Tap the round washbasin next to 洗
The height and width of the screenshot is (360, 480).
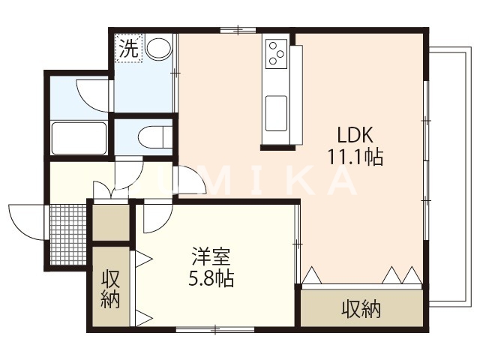pyautogui.click(x=158, y=50)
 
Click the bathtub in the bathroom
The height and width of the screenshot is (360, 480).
pyautogui.click(x=78, y=137)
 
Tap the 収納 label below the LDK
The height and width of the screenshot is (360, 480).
pyautogui.click(x=361, y=308)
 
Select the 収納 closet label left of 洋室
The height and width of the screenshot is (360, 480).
pyautogui.click(x=110, y=288)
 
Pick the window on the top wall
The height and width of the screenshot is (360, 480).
pyautogui.click(x=238, y=30)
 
